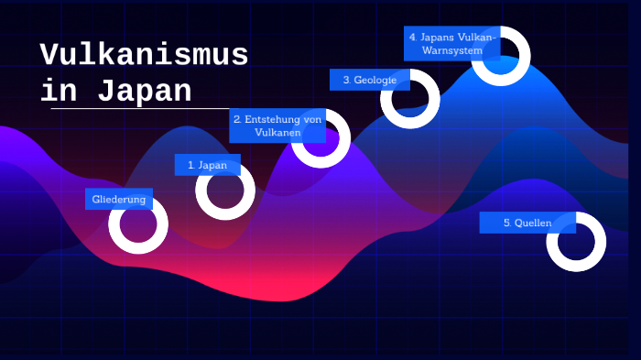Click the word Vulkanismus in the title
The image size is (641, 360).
pos(144,56)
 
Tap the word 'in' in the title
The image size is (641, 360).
pos(62,92)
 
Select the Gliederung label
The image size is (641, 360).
pos(118,199)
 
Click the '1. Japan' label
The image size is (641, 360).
pos(207,165)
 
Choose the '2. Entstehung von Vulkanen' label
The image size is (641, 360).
pos(277,125)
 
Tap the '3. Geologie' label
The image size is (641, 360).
pos(369,81)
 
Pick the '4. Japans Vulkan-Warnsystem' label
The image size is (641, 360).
pos(451,43)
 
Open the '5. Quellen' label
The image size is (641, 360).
pos(527,223)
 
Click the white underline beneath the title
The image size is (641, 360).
pos(137,109)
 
